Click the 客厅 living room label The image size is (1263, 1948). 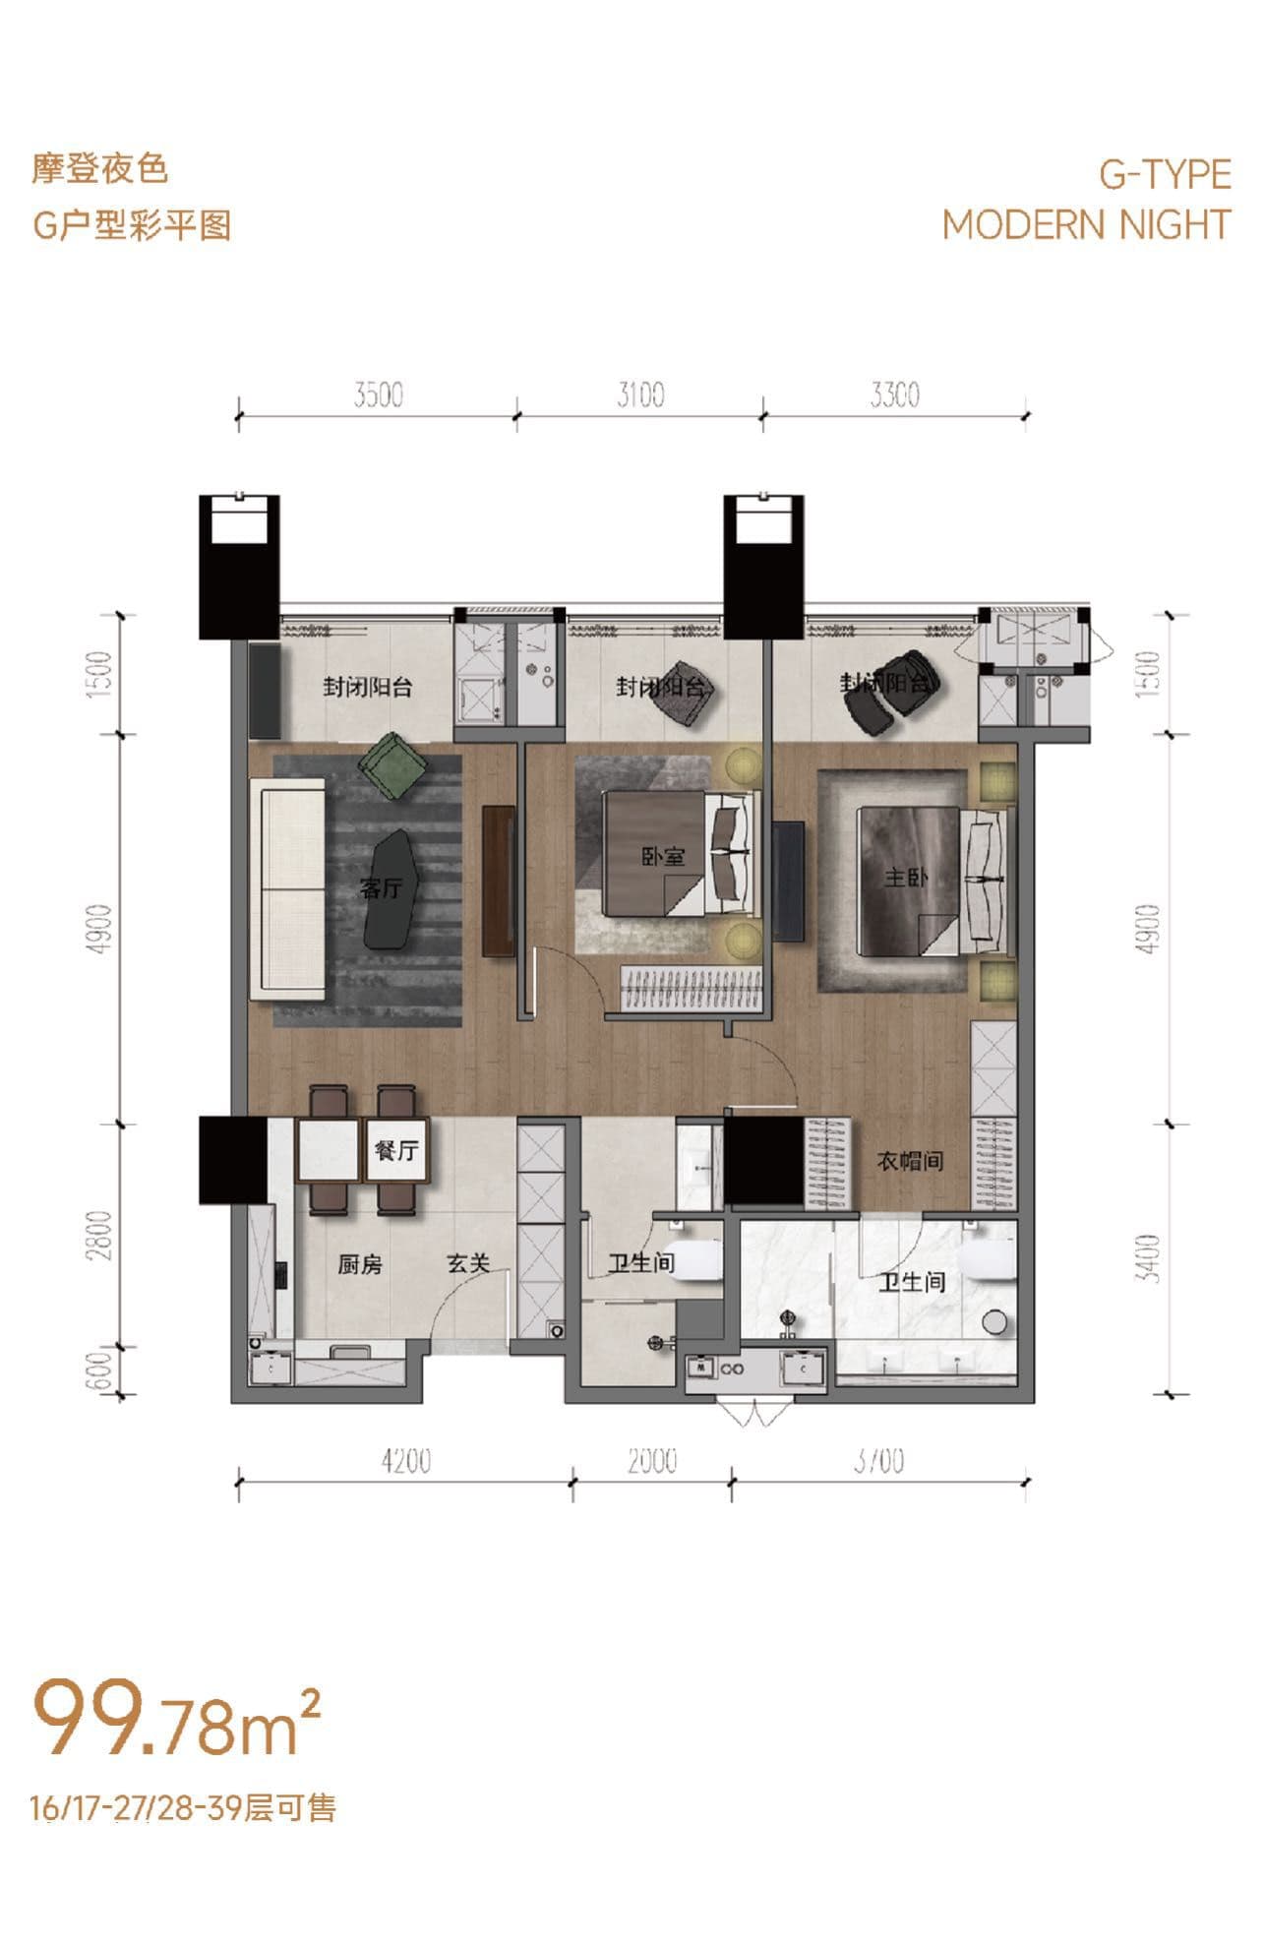coord(381,888)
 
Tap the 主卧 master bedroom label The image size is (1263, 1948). coord(906,876)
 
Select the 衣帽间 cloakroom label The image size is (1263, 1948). coord(910,1161)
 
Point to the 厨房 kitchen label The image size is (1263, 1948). coord(359,1264)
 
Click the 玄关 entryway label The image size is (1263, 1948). coord(468,1263)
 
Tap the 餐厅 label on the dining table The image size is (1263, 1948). coord(396,1150)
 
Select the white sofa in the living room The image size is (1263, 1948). coord(288,888)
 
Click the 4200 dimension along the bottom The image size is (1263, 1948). coord(405,1461)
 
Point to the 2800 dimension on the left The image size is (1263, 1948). coord(101,1236)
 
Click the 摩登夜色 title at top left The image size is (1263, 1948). coord(99,169)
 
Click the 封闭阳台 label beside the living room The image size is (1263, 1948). coord(368,687)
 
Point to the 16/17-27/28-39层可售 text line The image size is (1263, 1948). coord(184,1806)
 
